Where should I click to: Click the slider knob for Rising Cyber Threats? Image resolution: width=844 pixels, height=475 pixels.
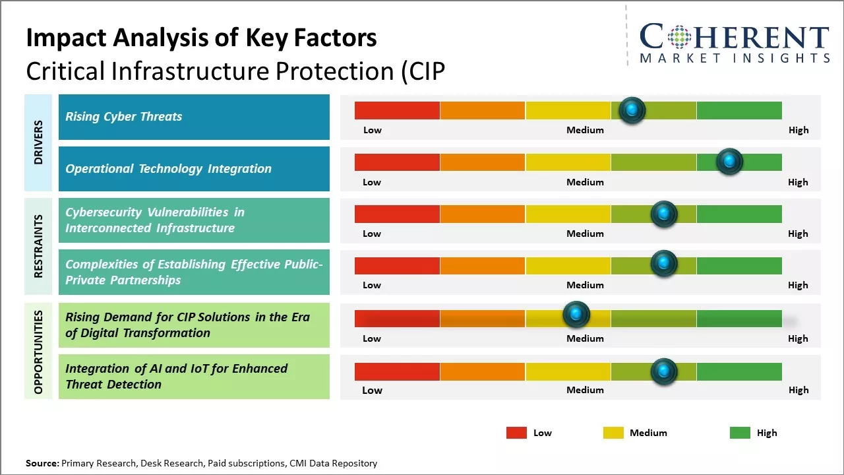tap(632, 110)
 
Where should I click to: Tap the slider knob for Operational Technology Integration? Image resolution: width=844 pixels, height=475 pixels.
tap(729, 162)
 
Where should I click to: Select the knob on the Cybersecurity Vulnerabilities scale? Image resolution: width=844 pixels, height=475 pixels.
tap(664, 214)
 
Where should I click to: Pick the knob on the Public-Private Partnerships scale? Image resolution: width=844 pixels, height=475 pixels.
tap(664, 264)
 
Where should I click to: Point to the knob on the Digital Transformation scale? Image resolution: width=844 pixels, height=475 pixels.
tap(576, 315)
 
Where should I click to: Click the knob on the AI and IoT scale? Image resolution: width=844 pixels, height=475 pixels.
tap(664, 371)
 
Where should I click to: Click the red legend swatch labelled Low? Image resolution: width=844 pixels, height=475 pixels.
tap(516, 433)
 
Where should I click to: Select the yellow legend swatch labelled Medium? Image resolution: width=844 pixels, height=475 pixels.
tap(613, 433)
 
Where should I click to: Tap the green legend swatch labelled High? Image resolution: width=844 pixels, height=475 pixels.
tap(740, 433)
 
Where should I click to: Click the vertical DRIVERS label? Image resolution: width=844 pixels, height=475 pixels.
tap(38, 142)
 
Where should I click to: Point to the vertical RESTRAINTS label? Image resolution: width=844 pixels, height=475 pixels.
tap(38, 246)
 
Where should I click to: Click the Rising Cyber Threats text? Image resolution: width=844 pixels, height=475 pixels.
tap(123, 117)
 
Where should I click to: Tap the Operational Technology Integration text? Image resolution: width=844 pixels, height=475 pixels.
tap(168, 169)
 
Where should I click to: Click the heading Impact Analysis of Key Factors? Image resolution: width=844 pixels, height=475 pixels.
tap(201, 38)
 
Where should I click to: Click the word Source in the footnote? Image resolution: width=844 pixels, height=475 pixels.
tap(42, 463)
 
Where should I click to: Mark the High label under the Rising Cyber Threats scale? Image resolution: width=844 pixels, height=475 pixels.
tap(799, 130)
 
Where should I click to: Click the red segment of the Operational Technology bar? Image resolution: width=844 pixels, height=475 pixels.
tap(397, 162)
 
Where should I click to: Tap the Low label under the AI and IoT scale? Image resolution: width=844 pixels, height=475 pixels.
tap(372, 390)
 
